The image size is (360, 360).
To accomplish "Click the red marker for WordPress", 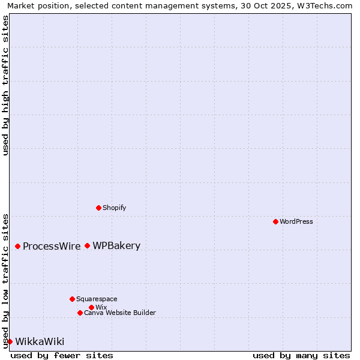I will (x=275, y=221).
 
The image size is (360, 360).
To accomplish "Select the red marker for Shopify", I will (x=98, y=208).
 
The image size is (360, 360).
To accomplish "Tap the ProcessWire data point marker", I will (x=17, y=246).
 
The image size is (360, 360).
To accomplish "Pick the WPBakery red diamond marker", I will (x=87, y=245).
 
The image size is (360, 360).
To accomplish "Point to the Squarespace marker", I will (x=72, y=299).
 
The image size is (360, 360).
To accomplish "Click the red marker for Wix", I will (x=91, y=307).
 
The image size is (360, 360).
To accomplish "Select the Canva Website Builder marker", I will (x=80, y=313).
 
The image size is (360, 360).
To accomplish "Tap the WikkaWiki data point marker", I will (x=10, y=341).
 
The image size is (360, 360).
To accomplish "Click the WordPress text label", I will (x=296, y=221).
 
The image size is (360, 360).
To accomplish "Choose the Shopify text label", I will (x=114, y=208).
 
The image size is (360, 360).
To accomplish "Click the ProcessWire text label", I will (x=52, y=246).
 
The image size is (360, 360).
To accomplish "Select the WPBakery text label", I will (x=116, y=245).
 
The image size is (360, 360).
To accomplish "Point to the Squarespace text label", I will (x=97, y=299).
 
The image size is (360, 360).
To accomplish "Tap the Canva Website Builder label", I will (x=119, y=313).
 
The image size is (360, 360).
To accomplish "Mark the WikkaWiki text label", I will (x=40, y=341).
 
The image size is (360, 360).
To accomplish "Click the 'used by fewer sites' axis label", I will (x=62, y=355).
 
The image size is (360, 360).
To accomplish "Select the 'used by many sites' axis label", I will (x=301, y=355).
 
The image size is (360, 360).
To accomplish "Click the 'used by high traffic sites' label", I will (x=6, y=85).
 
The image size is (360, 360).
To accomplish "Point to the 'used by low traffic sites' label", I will (x=6, y=280).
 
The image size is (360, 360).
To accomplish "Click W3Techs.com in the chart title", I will (x=325, y=5).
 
